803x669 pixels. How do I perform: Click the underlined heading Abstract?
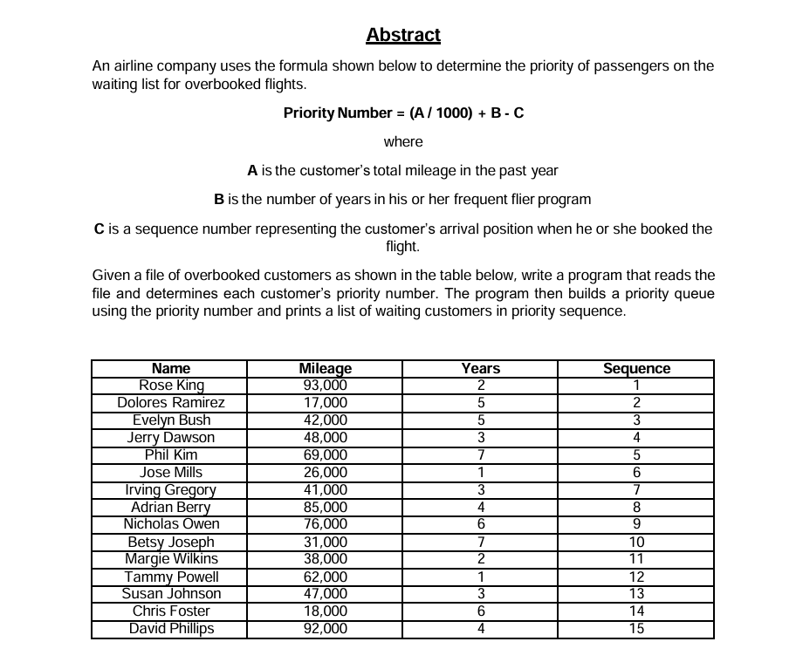(x=403, y=36)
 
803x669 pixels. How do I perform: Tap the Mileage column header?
(x=325, y=369)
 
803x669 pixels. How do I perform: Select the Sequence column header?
(x=636, y=369)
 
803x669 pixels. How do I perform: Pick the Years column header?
(x=480, y=369)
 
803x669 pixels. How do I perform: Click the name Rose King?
(x=171, y=386)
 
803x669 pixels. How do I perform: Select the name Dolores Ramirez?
(x=171, y=403)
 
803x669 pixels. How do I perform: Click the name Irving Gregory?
(x=171, y=489)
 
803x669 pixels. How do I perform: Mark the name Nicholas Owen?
(x=171, y=524)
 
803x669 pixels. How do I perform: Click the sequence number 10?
(x=636, y=542)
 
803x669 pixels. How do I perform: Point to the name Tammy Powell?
(x=171, y=577)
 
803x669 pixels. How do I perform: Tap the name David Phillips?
(x=171, y=629)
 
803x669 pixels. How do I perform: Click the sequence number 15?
(x=636, y=629)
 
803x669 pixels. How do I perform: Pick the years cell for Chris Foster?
(x=480, y=611)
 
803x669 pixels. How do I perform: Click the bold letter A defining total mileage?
(x=252, y=170)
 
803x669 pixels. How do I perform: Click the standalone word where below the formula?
(x=403, y=141)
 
